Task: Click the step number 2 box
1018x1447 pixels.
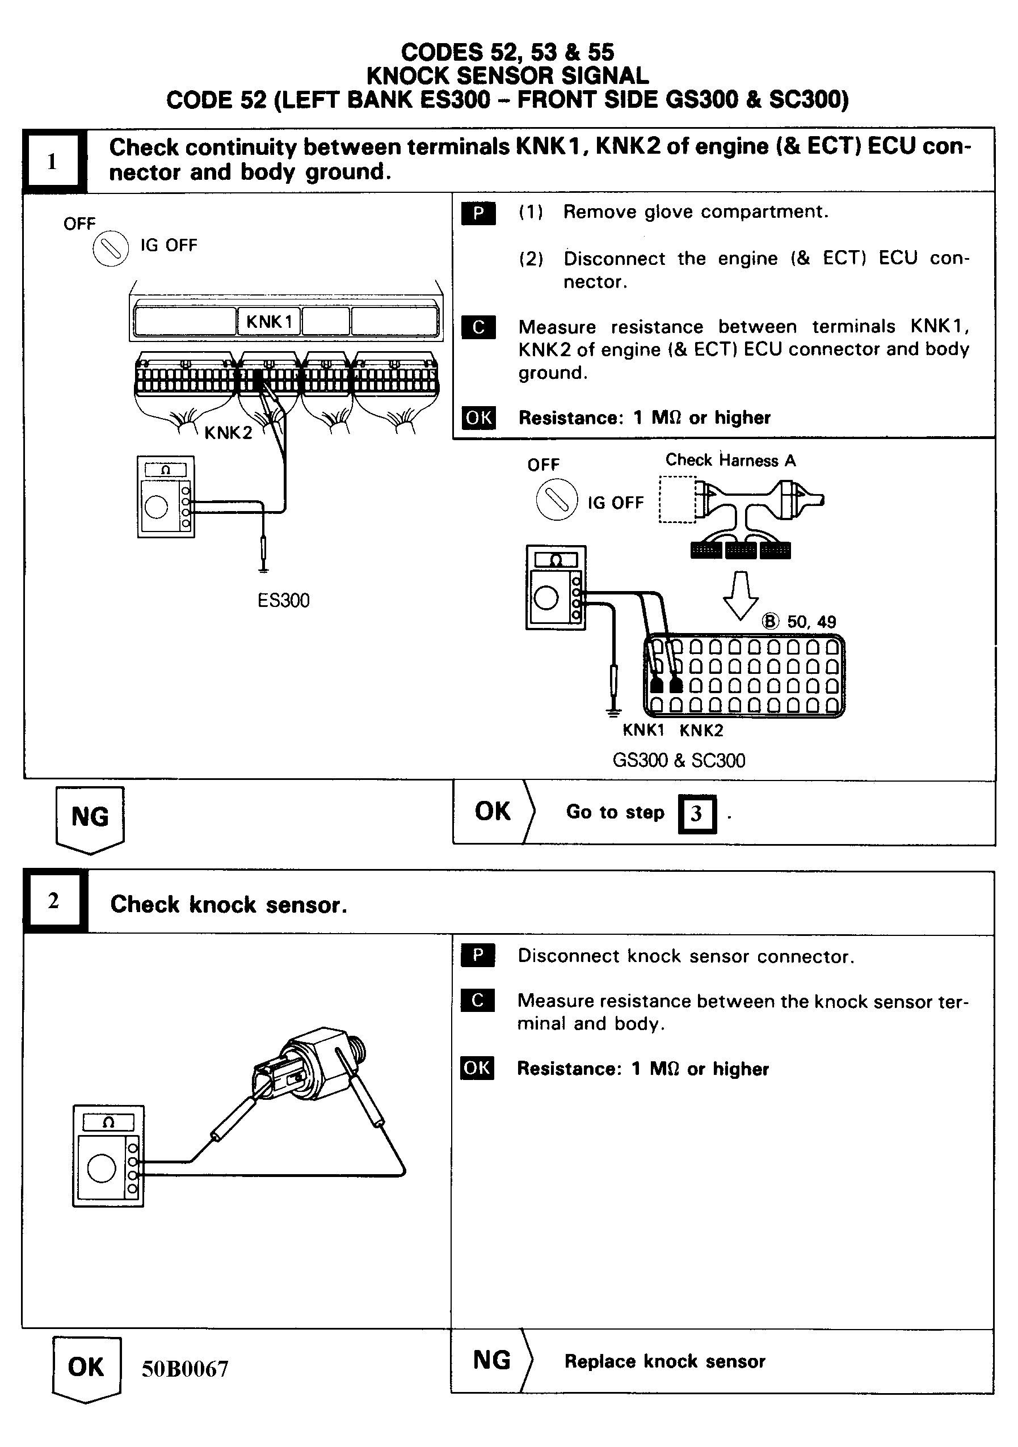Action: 53,901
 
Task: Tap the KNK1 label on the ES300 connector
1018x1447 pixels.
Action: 269,322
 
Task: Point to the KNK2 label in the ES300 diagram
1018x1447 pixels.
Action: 228,433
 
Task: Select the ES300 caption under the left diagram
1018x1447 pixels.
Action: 283,600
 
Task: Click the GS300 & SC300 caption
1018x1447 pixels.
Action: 678,760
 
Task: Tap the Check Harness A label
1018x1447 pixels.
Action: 730,460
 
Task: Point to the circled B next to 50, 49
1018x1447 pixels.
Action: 770,622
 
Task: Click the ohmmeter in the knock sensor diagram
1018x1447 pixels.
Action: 108,1156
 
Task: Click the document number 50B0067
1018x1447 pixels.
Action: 184,1369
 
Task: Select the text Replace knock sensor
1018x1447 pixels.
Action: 664,1361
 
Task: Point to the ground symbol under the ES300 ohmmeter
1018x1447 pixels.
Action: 263,568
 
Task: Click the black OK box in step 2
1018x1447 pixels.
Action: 477,1068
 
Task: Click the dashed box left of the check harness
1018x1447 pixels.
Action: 677,500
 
